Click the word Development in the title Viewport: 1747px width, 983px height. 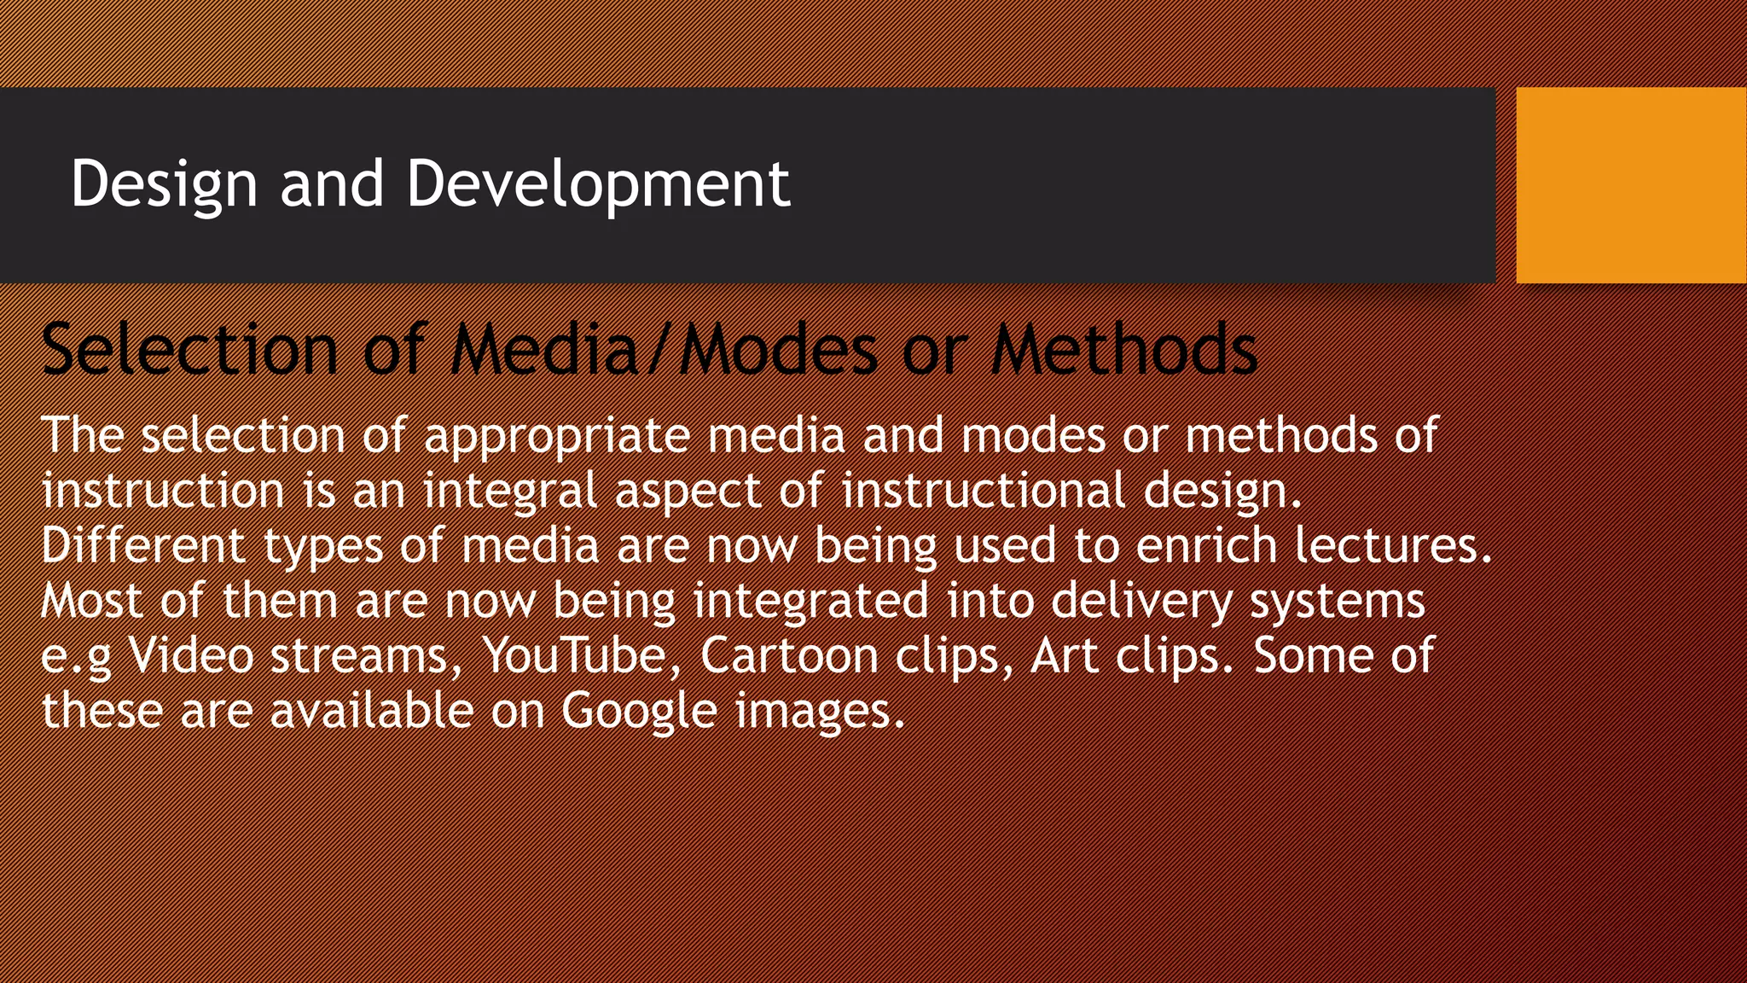[598, 183]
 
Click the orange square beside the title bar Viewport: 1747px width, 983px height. [1631, 184]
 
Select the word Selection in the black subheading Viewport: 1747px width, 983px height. [189, 349]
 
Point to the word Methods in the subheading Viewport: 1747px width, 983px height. [1123, 349]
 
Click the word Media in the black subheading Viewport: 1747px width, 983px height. [545, 349]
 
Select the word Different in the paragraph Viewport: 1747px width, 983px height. [143, 545]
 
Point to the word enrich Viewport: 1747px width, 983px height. [1205, 545]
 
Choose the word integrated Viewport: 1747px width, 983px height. [810, 601]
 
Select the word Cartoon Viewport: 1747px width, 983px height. [788, 656]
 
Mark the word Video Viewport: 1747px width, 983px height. [191, 656]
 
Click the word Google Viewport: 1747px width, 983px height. [639, 712]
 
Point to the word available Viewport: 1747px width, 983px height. [371, 711]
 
